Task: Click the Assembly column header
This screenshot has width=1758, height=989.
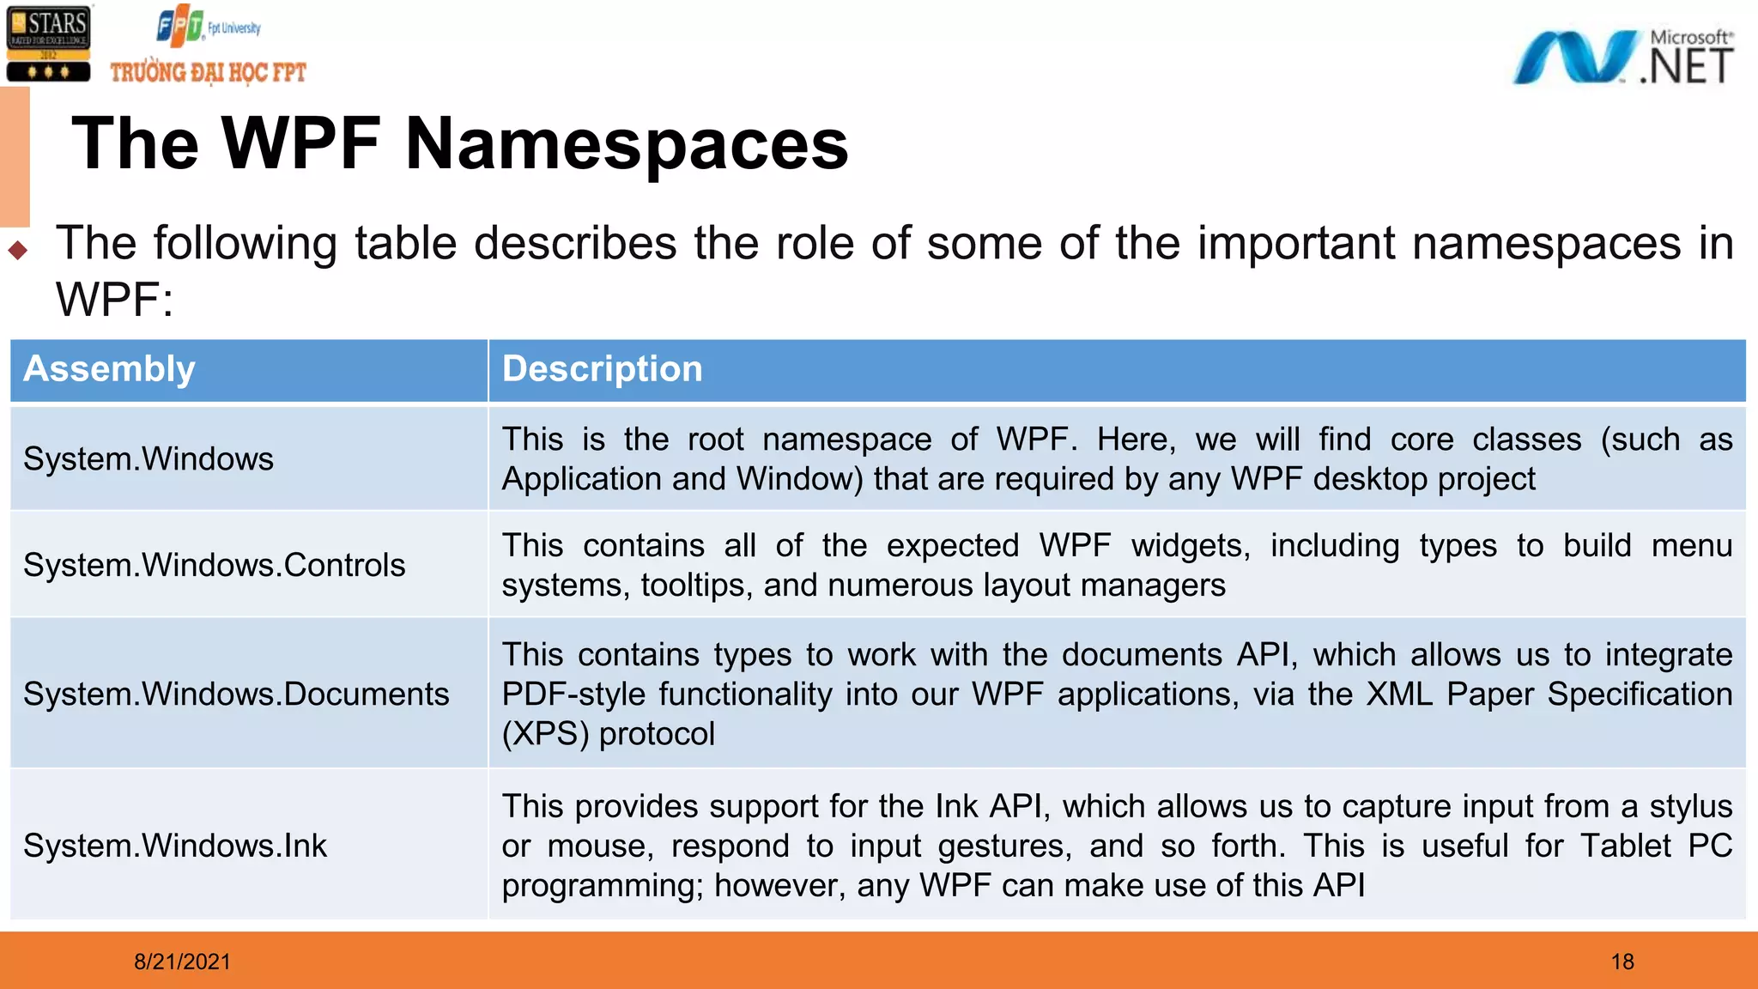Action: pos(109,370)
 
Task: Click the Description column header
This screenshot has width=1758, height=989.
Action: pos(602,370)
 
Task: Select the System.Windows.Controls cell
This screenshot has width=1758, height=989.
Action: pos(214,566)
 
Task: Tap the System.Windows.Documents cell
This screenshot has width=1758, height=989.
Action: pos(236,695)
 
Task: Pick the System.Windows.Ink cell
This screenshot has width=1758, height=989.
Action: pos(175,846)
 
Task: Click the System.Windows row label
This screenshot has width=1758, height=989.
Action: pos(149,459)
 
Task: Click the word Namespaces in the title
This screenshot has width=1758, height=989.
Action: pos(626,144)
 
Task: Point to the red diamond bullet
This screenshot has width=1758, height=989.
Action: pos(18,251)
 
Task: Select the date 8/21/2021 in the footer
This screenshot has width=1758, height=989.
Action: pos(182,962)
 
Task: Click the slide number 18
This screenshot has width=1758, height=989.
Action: pos(1622,962)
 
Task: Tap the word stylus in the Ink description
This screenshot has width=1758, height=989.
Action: pos(1690,807)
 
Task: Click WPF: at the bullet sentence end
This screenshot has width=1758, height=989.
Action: pos(114,300)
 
